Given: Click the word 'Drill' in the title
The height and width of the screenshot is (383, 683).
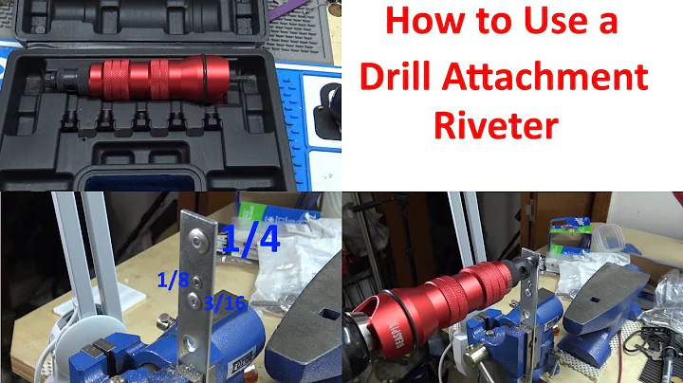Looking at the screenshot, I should pyautogui.click(x=401, y=79).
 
